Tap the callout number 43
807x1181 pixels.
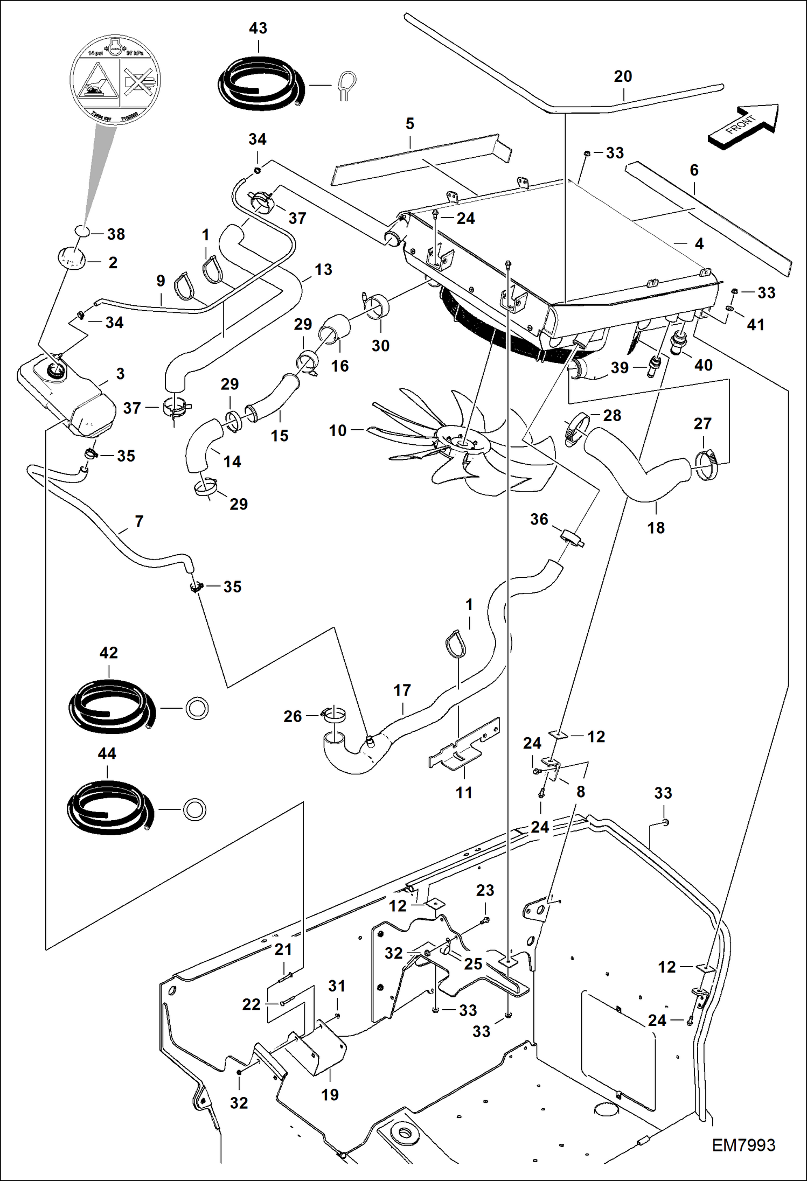[x=258, y=28]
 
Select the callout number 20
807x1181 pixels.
[x=622, y=76]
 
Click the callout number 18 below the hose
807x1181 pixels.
[x=656, y=528]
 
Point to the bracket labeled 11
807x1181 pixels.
[x=463, y=749]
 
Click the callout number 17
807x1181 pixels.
[x=402, y=690]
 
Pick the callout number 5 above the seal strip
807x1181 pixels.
[x=409, y=124]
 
